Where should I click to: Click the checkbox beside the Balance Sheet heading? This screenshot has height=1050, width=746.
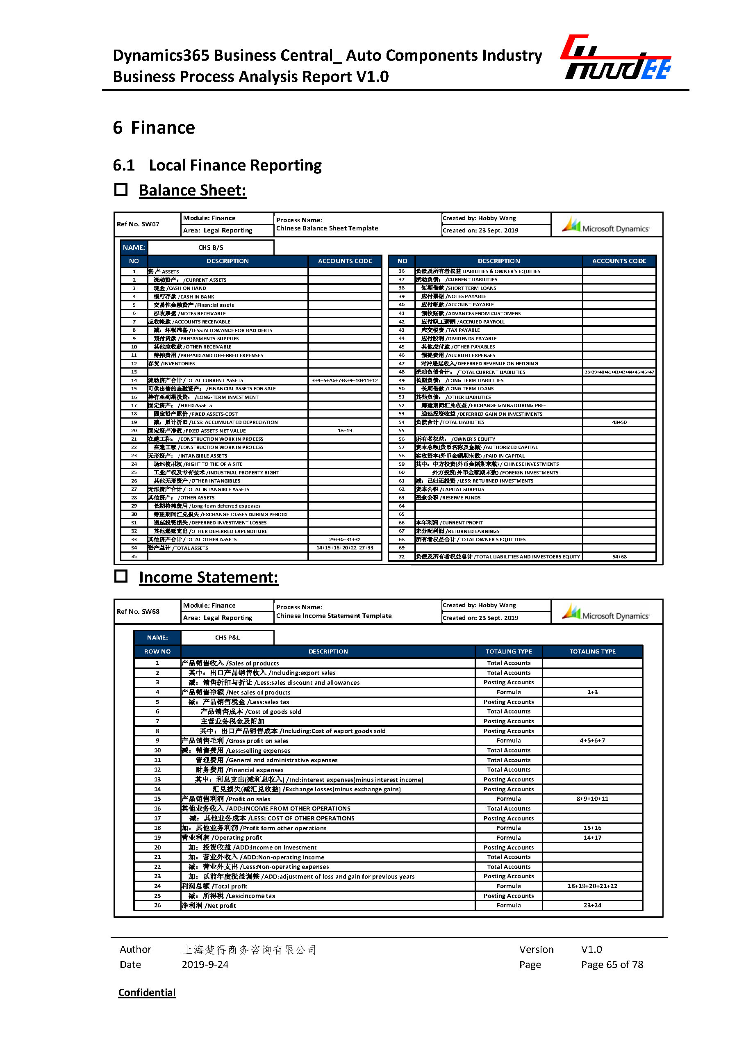point(121,189)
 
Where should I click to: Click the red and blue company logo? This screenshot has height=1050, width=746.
point(616,57)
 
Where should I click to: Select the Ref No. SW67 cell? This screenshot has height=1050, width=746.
point(138,224)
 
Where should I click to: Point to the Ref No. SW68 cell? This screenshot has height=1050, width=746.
point(138,612)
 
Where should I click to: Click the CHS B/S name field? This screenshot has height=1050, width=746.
point(211,247)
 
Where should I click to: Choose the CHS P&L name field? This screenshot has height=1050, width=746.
point(227,638)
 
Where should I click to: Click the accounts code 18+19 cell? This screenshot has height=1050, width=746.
point(345,430)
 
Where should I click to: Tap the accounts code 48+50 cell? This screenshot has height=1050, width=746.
point(619,422)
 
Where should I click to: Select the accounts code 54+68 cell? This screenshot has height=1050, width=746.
point(619,556)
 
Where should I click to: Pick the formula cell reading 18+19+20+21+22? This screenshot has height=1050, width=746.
point(592,886)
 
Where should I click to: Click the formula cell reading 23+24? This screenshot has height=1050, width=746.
point(592,905)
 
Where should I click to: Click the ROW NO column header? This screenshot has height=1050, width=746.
point(157,651)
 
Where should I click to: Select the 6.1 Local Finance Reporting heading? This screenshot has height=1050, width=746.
point(217,165)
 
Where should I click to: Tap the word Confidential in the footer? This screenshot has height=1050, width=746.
point(147,992)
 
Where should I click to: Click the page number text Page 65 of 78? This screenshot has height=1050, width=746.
point(612,964)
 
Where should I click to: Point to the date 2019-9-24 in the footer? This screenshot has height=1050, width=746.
point(205,964)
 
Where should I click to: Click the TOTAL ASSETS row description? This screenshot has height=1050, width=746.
point(178,548)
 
